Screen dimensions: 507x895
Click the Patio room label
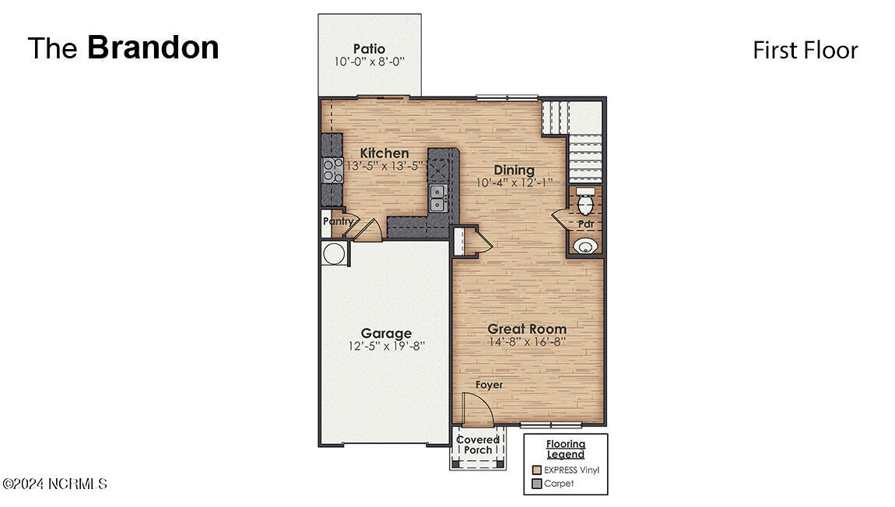tap(369, 49)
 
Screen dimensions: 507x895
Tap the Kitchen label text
tap(384, 153)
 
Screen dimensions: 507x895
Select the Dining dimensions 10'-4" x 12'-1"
tap(514, 183)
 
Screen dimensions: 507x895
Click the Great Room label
tap(527, 329)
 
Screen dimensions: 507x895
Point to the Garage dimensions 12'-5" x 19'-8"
tap(386, 347)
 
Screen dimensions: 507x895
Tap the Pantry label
tap(337, 221)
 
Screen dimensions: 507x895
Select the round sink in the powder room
tap(586, 247)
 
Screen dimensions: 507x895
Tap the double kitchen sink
tap(438, 198)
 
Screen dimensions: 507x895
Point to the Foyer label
tap(489, 385)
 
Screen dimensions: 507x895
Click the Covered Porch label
tap(478, 445)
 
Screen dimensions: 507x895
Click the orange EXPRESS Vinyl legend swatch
tap(536, 470)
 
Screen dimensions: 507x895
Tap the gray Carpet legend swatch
tap(536, 484)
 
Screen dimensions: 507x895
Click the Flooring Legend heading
tap(565, 449)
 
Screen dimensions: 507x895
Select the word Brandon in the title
tap(153, 48)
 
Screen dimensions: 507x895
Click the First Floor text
tap(805, 51)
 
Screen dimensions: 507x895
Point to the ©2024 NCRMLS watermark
tap(54, 484)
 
